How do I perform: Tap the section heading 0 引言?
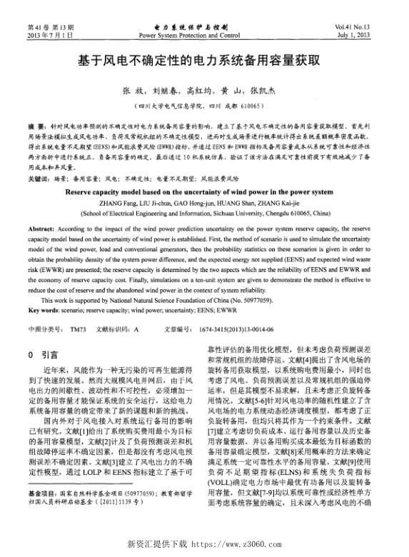click(43, 354)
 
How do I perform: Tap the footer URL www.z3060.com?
click(243, 544)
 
